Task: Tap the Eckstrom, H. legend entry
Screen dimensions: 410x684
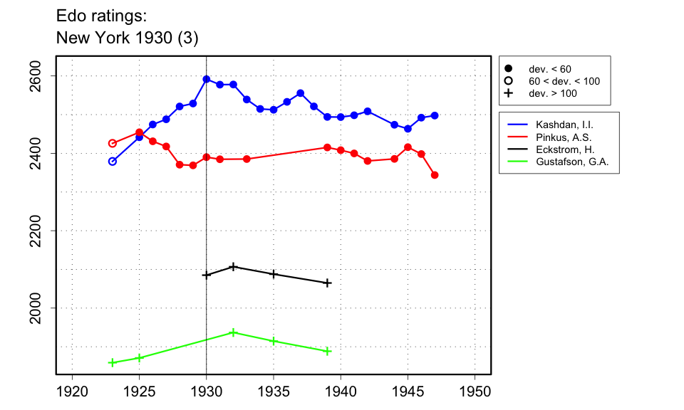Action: pos(565,149)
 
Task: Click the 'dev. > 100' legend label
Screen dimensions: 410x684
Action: pos(552,93)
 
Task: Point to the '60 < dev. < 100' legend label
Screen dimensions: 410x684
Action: pos(564,81)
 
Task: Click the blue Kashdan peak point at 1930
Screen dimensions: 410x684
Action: pos(207,79)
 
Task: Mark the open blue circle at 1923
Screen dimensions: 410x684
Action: pos(113,162)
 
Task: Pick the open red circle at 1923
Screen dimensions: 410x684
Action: pos(113,143)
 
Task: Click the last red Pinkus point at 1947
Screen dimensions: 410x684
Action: pos(435,175)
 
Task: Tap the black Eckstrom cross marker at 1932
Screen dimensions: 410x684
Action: pos(233,267)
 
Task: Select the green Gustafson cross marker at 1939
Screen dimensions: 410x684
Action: pos(327,351)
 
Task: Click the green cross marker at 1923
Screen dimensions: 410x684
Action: pos(113,362)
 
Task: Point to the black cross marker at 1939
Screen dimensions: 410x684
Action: pos(327,283)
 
